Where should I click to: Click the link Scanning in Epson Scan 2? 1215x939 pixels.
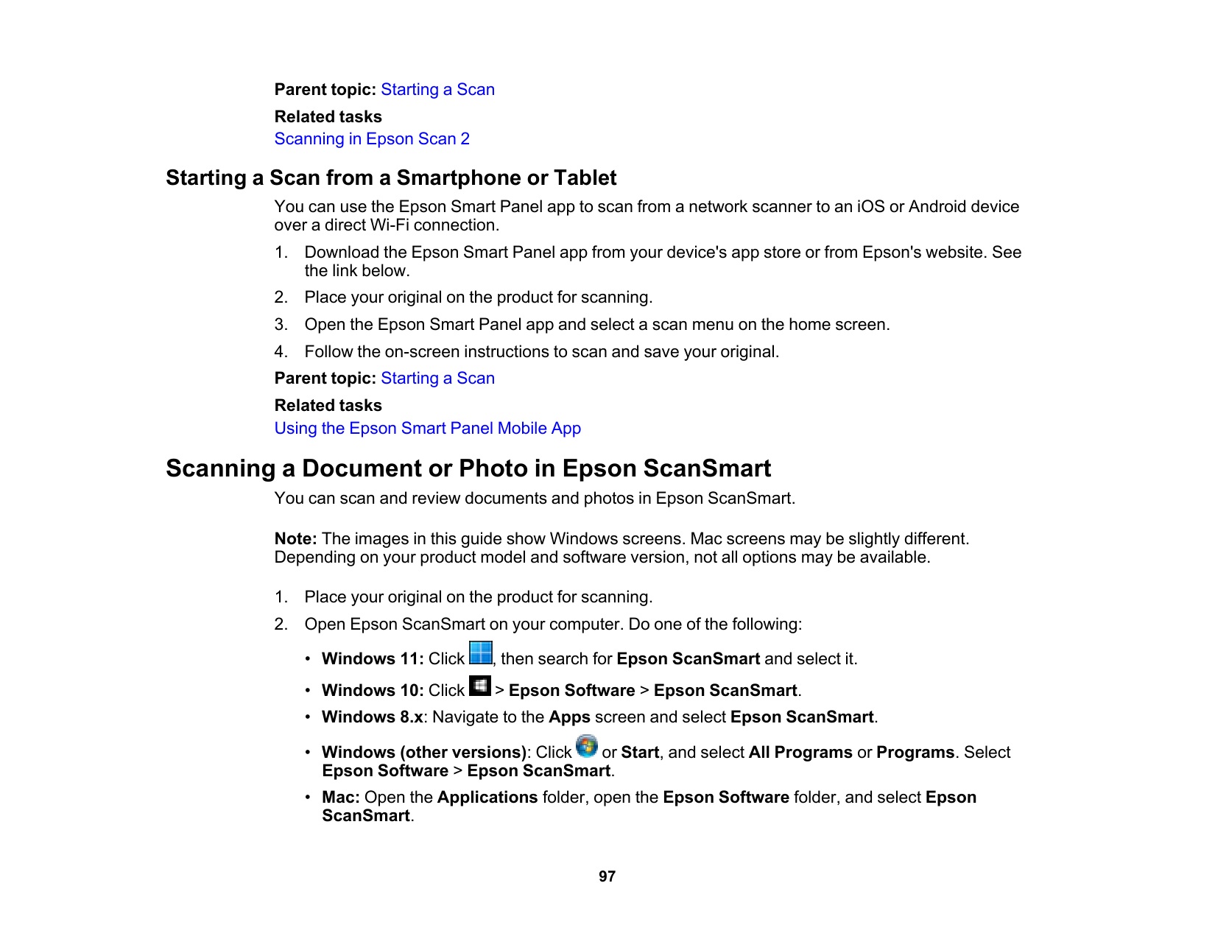(372, 139)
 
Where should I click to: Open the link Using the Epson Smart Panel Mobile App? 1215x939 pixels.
(427, 429)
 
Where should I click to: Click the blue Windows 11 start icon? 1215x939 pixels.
(481, 653)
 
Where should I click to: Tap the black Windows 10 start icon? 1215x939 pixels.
(480, 686)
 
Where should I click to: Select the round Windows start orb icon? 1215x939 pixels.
(587, 746)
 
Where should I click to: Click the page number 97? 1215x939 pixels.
(607, 876)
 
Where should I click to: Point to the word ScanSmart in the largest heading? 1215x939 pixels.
(707, 468)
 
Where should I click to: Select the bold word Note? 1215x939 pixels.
(295, 539)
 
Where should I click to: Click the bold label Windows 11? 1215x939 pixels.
(373, 659)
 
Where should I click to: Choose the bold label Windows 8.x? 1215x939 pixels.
(373, 717)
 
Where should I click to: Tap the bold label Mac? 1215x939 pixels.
(340, 798)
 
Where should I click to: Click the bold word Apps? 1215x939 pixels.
(569, 717)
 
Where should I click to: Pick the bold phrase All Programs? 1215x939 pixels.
(800, 753)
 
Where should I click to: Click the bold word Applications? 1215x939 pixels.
(487, 798)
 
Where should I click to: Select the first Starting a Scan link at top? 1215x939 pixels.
(437, 90)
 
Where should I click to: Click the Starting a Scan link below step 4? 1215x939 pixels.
(437, 379)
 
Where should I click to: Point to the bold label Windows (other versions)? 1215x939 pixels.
(424, 753)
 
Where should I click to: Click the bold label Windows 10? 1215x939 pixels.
(373, 691)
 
